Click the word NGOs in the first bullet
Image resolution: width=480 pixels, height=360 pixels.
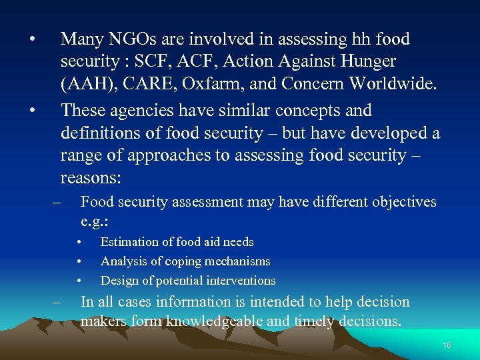[135, 40]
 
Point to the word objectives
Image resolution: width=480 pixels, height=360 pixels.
[400, 202]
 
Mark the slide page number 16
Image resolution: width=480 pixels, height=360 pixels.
[446, 345]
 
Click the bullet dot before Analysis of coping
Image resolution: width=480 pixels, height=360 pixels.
[79, 261]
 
